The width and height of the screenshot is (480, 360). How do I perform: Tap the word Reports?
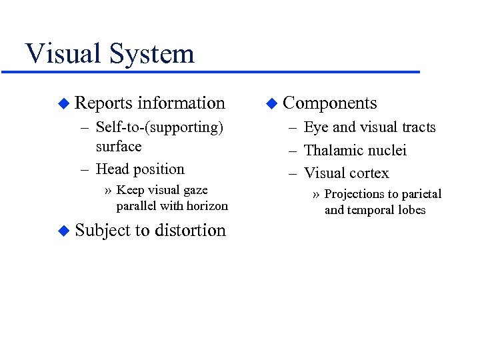click(x=103, y=103)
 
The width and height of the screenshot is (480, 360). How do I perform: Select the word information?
click(x=181, y=103)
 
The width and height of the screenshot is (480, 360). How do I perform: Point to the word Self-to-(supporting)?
click(x=159, y=127)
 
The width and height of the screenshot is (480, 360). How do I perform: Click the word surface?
click(x=119, y=146)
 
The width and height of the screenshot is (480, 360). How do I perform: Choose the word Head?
click(x=113, y=169)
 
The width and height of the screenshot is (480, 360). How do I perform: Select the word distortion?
click(x=190, y=231)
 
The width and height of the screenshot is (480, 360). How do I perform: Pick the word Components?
click(x=330, y=103)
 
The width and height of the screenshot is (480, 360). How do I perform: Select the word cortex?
click(x=368, y=173)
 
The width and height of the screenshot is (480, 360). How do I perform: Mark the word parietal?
click(x=419, y=194)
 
